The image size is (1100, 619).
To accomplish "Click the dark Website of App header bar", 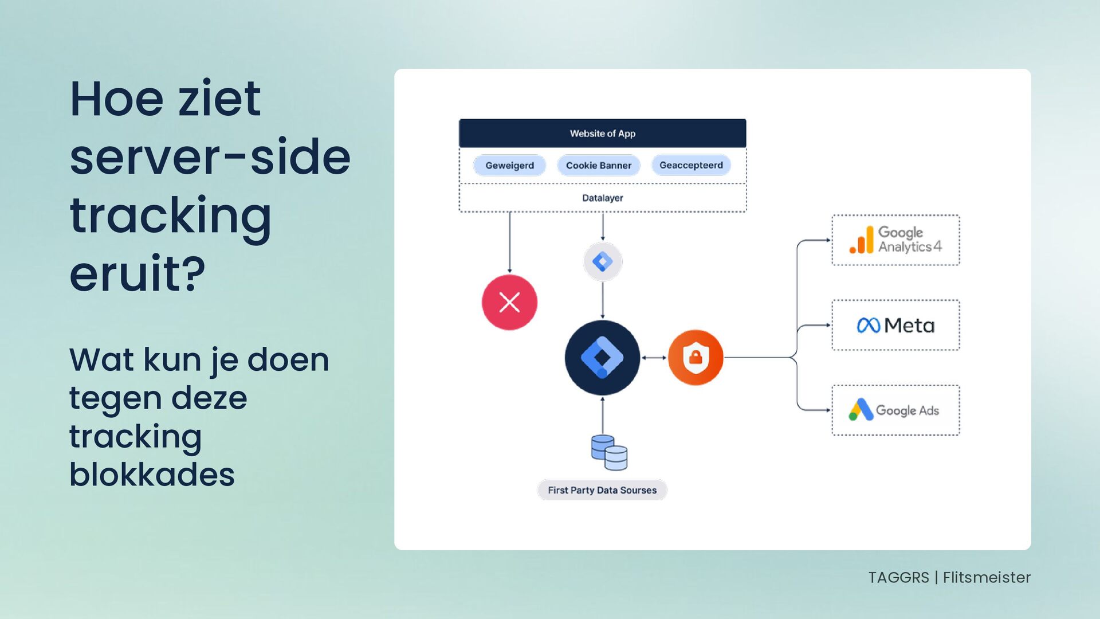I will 602,133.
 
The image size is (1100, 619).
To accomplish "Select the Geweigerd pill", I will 509,166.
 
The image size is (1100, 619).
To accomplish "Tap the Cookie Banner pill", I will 598,166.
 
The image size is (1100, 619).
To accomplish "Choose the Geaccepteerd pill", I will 691,166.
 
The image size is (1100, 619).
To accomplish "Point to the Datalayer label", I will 602,198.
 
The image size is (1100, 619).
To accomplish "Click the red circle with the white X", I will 509,302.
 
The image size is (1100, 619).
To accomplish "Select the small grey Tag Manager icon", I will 602,262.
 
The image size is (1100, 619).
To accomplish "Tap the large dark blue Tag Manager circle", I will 602,358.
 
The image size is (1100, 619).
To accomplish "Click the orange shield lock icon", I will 696,358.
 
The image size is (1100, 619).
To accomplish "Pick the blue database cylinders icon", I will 609,452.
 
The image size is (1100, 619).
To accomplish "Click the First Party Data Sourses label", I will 602,491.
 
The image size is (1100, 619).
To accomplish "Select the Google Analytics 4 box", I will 895,240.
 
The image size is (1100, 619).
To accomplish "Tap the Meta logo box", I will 895,326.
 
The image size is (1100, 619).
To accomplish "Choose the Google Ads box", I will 895,410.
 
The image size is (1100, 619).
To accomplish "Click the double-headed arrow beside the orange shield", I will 654,358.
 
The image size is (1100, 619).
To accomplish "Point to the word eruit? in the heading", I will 137,274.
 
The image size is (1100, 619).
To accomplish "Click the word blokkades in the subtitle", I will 152,475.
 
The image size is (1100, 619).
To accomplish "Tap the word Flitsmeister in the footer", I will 987,578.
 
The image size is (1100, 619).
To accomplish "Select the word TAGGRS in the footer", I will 898,578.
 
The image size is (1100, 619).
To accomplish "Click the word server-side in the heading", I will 210,158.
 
